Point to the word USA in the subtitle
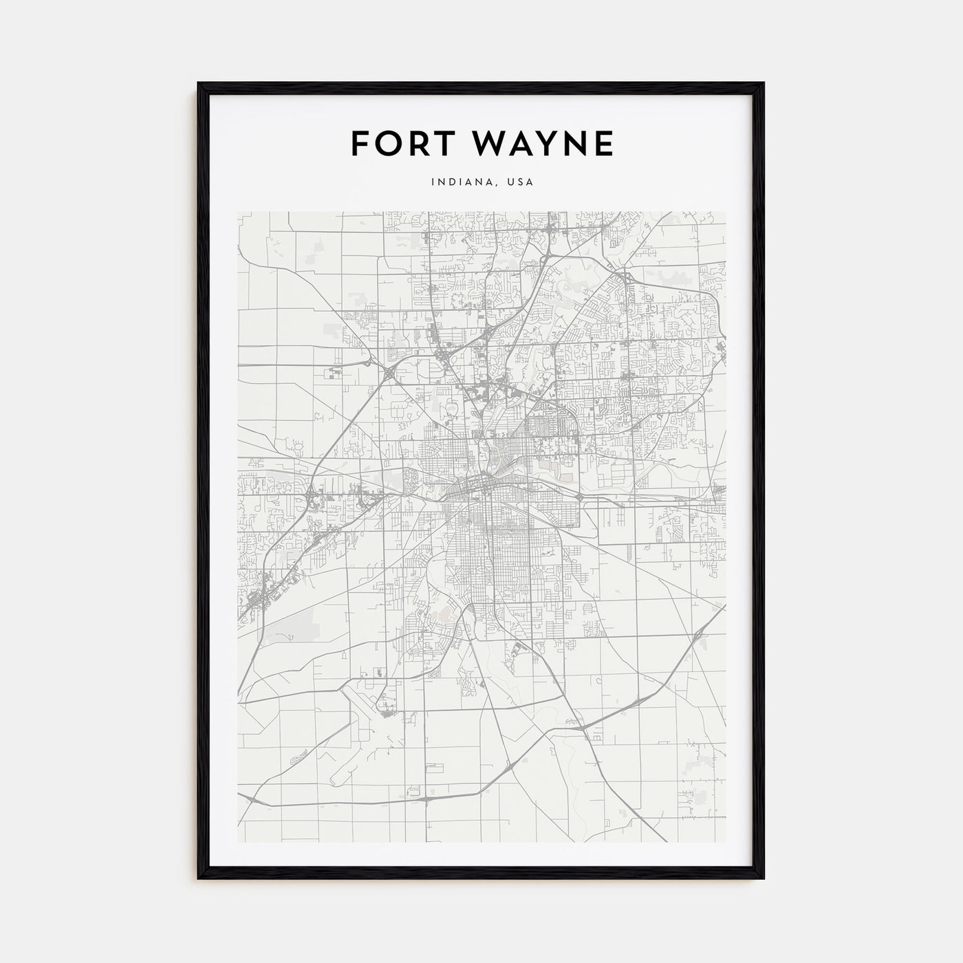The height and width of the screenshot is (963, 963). [x=519, y=182]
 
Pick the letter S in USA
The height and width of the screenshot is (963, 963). [x=519, y=182]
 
